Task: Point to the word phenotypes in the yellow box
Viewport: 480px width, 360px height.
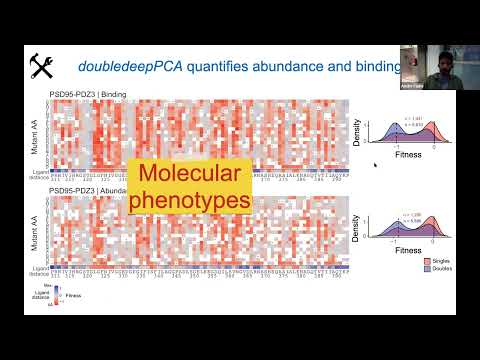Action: click(x=188, y=201)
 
